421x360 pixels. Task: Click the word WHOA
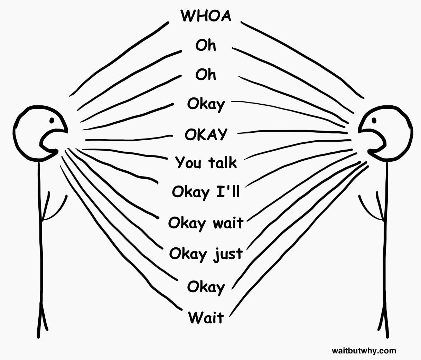pyautogui.click(x=206, y=16)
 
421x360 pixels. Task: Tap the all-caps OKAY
pyautogui.click(x=206, y=134)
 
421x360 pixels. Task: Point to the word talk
pyautogui.click(x=222, y=162)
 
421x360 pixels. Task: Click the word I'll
pyautogui.click(x=228, y=191)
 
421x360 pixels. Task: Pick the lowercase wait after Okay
pyautogui.click(x=228, y=222)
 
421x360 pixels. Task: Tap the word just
pyautogui.click(x=228, y=254)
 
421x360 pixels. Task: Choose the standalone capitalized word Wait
pyautogui.click(x=206, y=318)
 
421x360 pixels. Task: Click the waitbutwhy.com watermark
pyautogui.click(x=364, y=351)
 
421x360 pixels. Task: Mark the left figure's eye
pyautogui.click(x=52, y=120)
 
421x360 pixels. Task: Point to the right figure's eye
pyautogui.click(x=374, y=120)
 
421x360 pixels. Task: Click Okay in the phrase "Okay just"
pyautogui.click(x=188, y=254)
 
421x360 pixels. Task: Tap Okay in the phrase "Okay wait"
pyautogui.click(x=187, y=223)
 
